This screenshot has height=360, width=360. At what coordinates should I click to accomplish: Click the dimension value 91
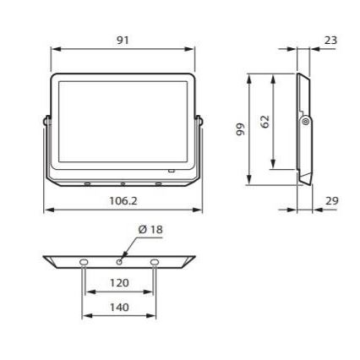(x=123, y=40)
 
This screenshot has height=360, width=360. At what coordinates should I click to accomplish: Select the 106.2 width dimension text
(x=123, y=200)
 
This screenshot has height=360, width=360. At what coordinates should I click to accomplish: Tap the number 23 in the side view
(x=330, y=40)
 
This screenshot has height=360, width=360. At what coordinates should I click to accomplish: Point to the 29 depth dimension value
(x=331, y=200)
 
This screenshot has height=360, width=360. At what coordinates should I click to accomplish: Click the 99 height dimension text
(x=240, y=129)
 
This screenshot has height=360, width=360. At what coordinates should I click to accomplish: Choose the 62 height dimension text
(x=265, y=122)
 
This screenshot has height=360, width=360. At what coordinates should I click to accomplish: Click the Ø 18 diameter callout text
(x=150, y=229)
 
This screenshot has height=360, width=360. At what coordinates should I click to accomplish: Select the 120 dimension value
(x=119, y=283)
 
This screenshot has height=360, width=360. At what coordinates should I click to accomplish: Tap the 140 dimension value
(x=119, y=307)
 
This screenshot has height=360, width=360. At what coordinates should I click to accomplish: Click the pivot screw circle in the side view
(x=305, y=123)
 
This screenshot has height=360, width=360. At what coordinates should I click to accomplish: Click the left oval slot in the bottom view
(x=84, y=263)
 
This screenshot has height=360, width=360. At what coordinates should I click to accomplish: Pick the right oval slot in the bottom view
(x=155, y=263)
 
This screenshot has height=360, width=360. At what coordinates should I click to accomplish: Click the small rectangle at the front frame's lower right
(x=172, y=170)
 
